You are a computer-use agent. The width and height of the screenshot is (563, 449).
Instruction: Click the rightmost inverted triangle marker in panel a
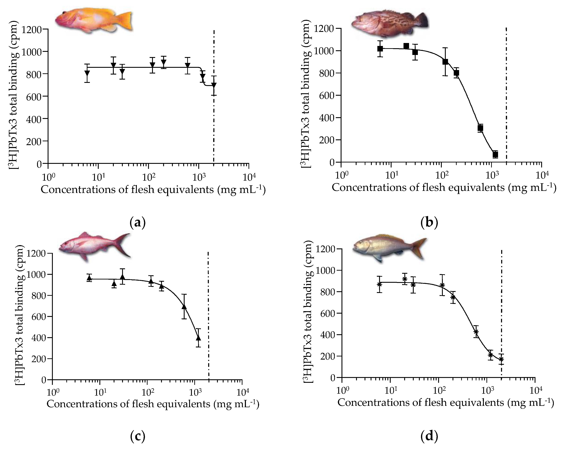[x=214, y=85]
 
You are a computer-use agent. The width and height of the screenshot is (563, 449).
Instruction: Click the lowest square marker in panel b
[x=495, y=154]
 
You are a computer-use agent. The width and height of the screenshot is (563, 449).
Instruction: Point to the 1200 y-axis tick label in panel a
[x=32, y=29]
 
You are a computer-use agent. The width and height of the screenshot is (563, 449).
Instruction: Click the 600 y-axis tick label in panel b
[x=327, y=95]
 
